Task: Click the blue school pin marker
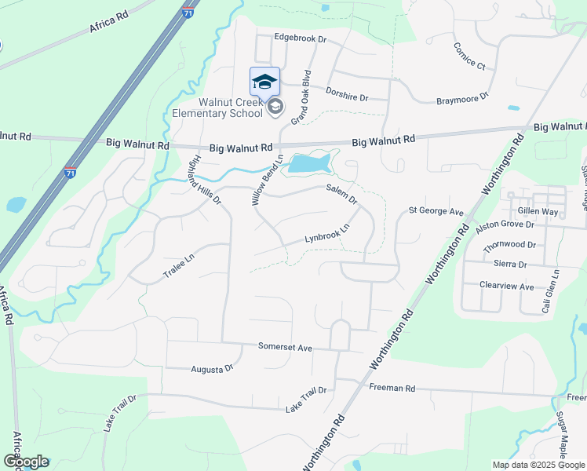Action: pos(264,82)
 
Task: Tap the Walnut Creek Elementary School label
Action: pos(219,108)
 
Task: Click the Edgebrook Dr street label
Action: pos(300,38)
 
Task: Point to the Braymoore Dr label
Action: pos(462,99)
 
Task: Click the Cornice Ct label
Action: pos(469,55)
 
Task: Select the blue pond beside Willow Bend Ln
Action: pos(312,163)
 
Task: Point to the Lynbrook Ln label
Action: pos(326,233)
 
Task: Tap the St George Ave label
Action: pos(436,211)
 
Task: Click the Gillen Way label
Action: pos(538,212)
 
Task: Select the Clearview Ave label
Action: pos(506,287)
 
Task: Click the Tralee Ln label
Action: pos(178,263)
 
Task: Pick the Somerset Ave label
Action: pos(286,347)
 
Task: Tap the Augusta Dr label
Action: pos(212,368)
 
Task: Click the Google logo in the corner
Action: pos(26,462)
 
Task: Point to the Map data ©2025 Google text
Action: pos(538,465)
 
